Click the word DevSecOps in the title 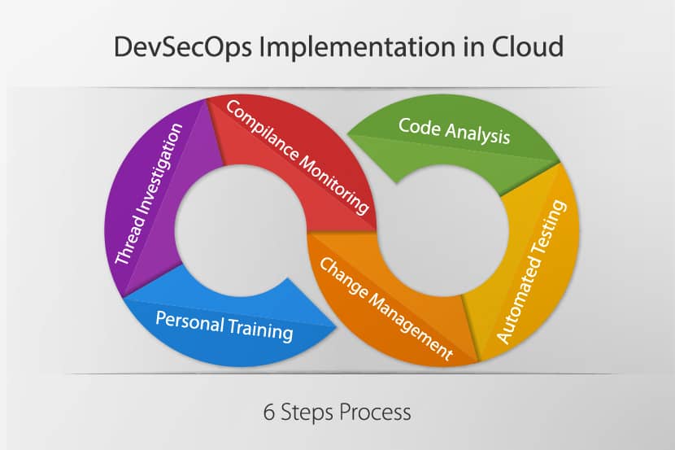pos(182,47)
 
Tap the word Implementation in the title pos(356,47)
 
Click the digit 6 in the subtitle pos(268,412)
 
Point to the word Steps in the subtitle pos(307,413)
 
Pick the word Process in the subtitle pos(375,412)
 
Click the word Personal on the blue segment pos(189,321)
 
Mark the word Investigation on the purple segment pos(163,168)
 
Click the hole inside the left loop pos(240,231)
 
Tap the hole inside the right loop pos(443,231)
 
